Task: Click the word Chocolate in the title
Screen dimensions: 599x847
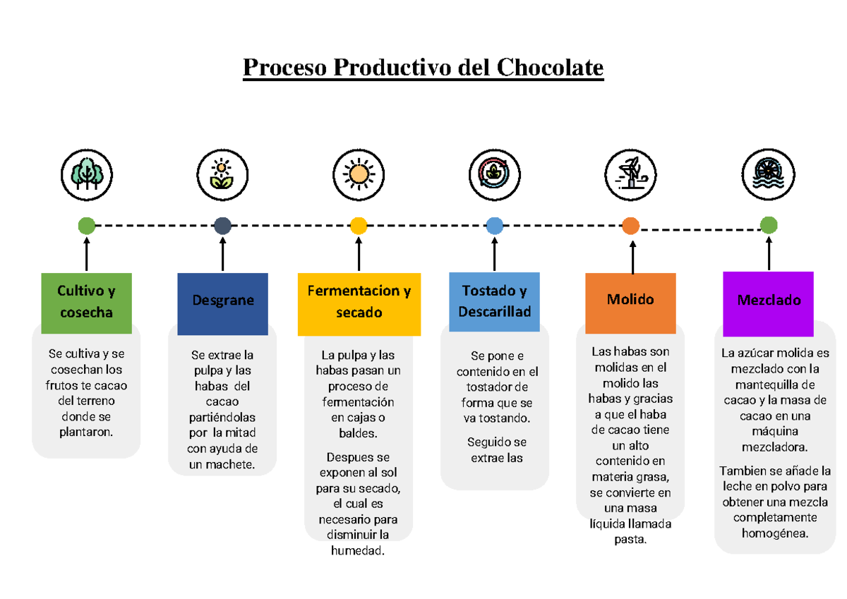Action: pos(550,68)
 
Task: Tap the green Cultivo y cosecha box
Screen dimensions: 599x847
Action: pos(86,303)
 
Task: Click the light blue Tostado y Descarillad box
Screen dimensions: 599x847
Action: pos(494,302)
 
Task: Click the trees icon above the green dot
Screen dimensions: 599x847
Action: pos(87,174)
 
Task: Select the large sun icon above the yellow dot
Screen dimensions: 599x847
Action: pos(359,174)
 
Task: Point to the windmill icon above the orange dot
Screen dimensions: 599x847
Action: pos(630,174)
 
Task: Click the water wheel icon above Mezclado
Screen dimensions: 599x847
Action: pos(768,174)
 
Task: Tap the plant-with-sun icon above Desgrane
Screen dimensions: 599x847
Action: pos(222,174)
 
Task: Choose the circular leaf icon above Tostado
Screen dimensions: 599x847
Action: pos(494,174)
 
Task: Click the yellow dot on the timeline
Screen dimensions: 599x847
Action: pos(359,226)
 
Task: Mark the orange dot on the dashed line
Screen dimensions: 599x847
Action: pos(630,226)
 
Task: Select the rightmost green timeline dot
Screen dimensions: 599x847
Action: pos(768,226)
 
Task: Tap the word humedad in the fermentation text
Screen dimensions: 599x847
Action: pos(359,550)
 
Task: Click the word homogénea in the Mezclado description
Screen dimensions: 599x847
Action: pos(774,533)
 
